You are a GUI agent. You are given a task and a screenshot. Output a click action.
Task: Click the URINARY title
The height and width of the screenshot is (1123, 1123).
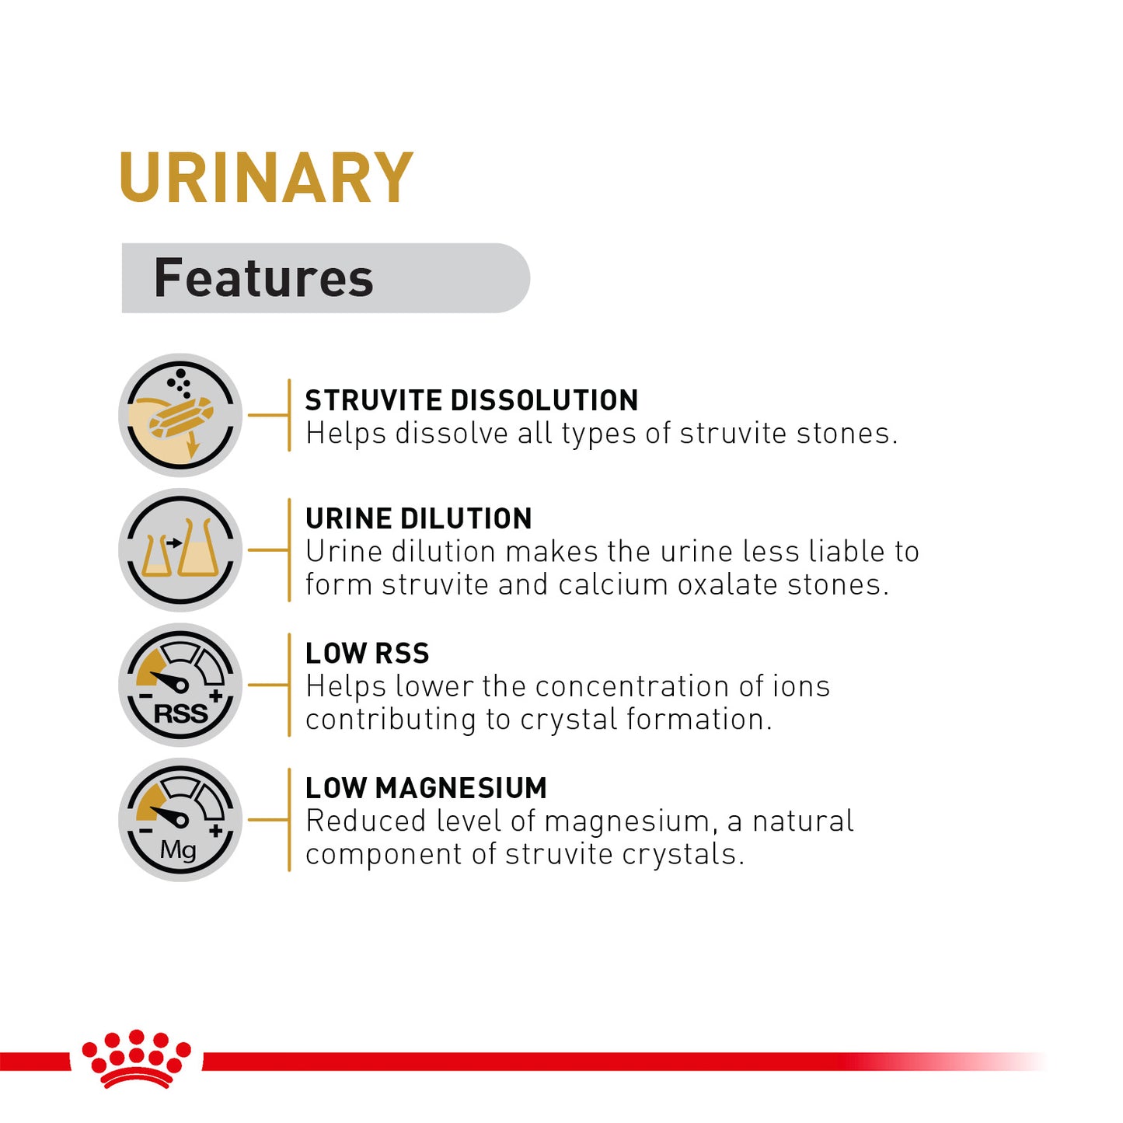[266, 178]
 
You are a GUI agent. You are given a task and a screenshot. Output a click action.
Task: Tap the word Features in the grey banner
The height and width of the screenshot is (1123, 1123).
[263, 278]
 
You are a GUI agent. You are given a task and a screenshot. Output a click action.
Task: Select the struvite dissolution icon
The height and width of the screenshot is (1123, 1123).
[180, 415]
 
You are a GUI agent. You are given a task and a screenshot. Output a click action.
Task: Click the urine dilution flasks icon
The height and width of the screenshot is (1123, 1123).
[180, 550]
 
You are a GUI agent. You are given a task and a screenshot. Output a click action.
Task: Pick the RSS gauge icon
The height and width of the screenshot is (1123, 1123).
[180, 685]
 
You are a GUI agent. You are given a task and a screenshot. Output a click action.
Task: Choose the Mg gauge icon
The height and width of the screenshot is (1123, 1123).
[180, 819]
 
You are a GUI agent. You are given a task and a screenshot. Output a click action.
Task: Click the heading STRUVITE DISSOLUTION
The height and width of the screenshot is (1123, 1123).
[471, 400]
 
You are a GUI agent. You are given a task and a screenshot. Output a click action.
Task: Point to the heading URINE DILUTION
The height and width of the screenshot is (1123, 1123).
[418, 518]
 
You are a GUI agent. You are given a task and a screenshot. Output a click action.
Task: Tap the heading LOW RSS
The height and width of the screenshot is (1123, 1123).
[367, 654]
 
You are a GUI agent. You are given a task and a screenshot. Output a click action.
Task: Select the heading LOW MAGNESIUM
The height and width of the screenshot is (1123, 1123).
[426, 788]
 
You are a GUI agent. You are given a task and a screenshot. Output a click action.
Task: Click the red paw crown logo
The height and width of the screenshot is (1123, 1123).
[137, 1058]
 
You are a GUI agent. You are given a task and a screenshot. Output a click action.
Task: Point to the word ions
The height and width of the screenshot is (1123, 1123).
[801, 686]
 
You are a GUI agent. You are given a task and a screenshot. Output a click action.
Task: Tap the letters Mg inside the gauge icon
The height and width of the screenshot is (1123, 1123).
[178, 850]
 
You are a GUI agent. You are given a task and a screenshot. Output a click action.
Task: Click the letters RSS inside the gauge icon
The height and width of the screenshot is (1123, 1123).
[180, 713]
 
